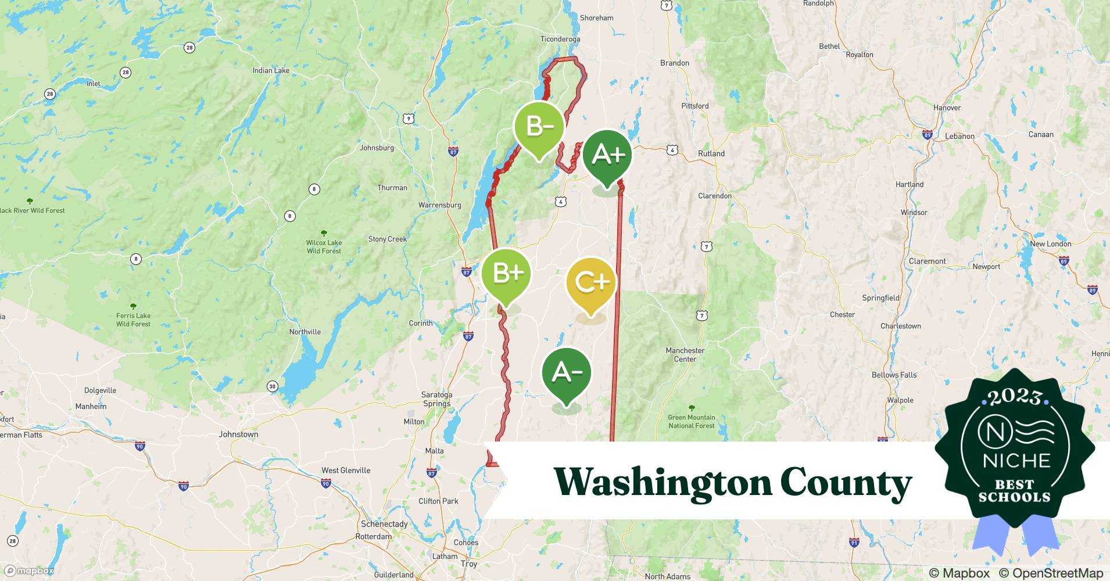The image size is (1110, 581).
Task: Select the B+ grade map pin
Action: (507, 274)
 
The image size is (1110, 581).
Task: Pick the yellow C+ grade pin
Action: (591, 282)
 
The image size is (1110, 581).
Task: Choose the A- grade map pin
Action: (567, 372)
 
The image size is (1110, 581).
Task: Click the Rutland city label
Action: (711, 154)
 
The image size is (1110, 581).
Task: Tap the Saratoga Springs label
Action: (436, 399)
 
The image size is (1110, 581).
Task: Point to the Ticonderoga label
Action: (560, 40)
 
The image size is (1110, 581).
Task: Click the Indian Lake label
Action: (271, 71)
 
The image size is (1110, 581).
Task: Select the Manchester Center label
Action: (685, 355)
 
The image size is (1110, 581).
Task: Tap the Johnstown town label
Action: (238, 435)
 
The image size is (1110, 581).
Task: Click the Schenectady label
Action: (384, 524)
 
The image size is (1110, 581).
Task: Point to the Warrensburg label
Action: (439, 205)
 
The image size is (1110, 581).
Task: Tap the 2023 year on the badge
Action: (1015, 397)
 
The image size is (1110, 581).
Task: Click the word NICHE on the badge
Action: (1016, 461)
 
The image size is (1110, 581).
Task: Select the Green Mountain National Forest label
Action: (691, 421)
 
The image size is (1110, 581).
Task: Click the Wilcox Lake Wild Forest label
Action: (324, 246)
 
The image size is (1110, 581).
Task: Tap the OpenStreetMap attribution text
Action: (1051, 573)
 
